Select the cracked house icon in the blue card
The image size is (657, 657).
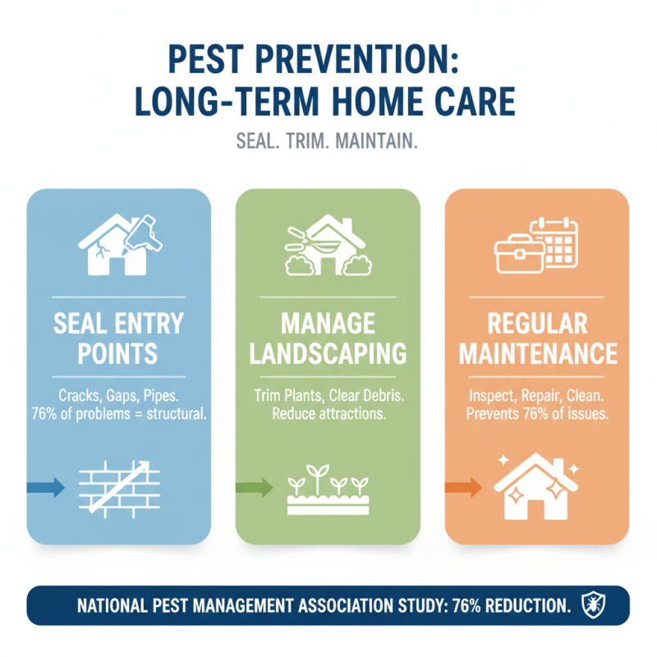(x=117, y=245)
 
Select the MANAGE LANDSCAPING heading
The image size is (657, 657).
(x=328, y=338)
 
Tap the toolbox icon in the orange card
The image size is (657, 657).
(x=516, y=255)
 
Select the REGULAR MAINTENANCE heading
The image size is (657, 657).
(x=538, y=338)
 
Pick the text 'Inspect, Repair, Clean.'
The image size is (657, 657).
(x=538, y=395)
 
